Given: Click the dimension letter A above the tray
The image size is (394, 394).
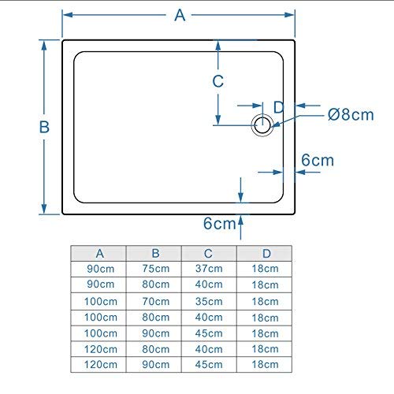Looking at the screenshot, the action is tap(180, 15).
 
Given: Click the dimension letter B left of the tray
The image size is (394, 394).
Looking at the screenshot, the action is tap(44, 127).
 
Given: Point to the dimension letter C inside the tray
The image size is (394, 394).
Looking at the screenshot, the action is tap(218, 81).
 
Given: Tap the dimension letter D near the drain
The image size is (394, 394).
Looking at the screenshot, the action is tap(279, 107).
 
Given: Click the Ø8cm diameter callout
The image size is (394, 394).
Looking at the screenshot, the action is tap(351, 115).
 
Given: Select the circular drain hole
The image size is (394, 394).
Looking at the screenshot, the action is tap(262, 125).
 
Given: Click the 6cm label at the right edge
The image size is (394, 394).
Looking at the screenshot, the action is tap(318, 160).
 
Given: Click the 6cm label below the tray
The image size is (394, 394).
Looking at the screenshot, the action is tap(220, 224).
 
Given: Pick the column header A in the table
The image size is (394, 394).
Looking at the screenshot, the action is tap(99, 254).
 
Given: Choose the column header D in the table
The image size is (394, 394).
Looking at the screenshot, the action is tap(266, 254).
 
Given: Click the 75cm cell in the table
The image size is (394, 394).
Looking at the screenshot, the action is tap(156, 269).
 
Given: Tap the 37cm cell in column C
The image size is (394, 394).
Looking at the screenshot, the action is tap(209, 269).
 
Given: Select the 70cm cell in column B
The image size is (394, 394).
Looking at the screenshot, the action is tap(156, 301).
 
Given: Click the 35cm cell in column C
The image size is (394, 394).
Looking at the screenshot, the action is tap(209, 301).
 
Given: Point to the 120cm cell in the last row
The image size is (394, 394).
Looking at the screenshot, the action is tap(101, 365).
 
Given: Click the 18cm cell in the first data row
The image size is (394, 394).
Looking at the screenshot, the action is tap(265, 269).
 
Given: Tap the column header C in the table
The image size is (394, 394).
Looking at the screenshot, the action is tap(208, 254).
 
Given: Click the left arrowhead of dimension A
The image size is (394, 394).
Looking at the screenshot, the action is tap(68, 15).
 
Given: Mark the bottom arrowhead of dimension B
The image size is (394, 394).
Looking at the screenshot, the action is tap(44, 209).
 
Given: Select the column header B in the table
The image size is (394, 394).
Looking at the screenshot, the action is tap(155, 254).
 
